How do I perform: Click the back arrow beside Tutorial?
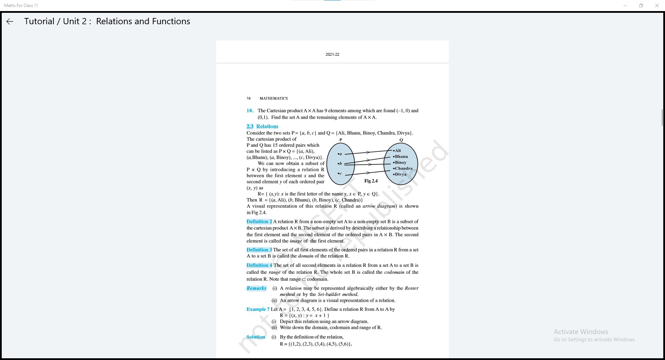[10, 21]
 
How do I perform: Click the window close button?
[657, 6]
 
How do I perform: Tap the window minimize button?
[625, 6]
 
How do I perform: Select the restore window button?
[641, 6]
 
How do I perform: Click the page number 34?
[248, 98]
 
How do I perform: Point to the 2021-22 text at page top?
[332, 54]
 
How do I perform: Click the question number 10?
[250, 111]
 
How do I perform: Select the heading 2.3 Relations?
[262, 126]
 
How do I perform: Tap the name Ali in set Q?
[398, 151]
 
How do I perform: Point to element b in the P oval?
[340, 163]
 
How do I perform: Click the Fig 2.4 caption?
[371, 181]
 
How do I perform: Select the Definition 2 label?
[259, 222]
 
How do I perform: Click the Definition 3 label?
[259, 250]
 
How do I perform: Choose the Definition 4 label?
[259, 265]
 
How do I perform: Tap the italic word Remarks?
[256, 288]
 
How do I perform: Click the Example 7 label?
[258, 309]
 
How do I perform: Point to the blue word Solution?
[256, 337]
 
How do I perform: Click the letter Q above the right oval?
[401, 140]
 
